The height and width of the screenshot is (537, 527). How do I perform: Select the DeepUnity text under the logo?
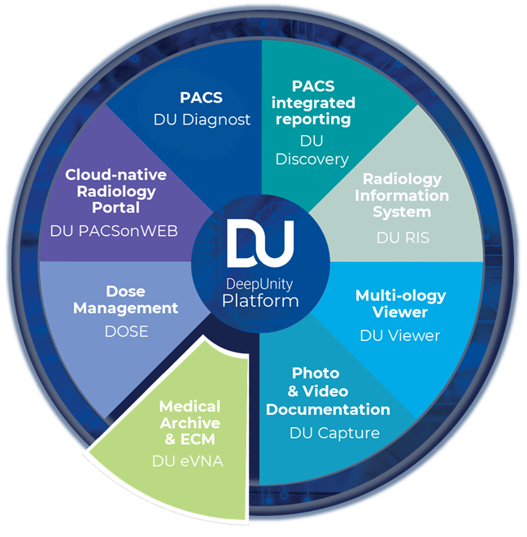(261, 283)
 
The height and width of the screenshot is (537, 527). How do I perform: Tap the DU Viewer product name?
(399, 334)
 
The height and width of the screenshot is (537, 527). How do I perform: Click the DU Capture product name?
(334, 432)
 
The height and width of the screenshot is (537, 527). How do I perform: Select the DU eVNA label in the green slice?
(188, 461)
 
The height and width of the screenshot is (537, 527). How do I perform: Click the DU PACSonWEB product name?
(113, 230)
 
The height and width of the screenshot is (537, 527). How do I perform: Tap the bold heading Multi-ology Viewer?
(399, 303)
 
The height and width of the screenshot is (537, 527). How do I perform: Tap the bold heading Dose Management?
(125, 299)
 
